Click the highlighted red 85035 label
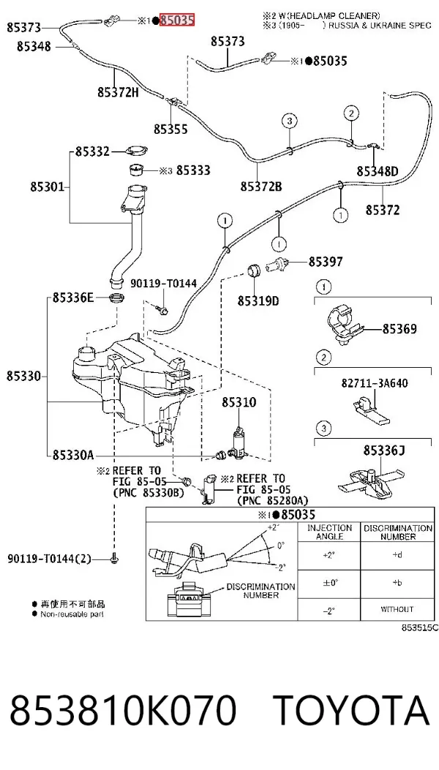177,20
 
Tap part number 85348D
377,171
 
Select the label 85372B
261,186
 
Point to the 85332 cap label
92,152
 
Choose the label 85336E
72,298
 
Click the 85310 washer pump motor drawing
239,442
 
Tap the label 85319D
258,301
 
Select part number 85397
326,262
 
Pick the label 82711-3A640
375,383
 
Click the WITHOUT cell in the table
397,609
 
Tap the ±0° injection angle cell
329,583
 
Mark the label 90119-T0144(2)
49,559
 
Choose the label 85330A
72,456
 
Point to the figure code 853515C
419,627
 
